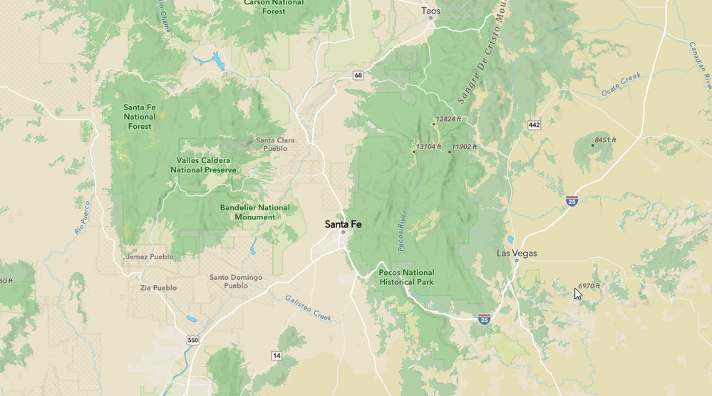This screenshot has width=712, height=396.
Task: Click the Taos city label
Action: tap(431, 11)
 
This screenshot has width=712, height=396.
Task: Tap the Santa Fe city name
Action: tap(343, 224)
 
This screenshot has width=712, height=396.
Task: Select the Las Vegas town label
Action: tap(517, 254)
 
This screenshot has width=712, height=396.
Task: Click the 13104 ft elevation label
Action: tap(429, 147)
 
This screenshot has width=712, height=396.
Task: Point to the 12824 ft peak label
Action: tap(449, 119)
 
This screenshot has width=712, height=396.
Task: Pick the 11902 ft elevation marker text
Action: tap(465, 147)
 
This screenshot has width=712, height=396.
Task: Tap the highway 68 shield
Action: tap(357, 75)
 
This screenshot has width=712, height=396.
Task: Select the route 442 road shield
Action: tap(535, 125)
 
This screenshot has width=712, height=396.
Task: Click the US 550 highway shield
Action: tap(192, 340)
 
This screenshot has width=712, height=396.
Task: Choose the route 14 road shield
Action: tap(276, 355)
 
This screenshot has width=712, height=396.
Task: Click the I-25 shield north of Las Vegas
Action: tap(572, 202)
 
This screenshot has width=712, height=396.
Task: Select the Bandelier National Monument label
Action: tap(254, 212)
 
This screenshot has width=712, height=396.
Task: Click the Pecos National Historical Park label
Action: tap(406, 277)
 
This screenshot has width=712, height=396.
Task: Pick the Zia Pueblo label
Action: tap(158, 288)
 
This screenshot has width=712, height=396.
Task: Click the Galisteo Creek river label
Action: tap(309, 308)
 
